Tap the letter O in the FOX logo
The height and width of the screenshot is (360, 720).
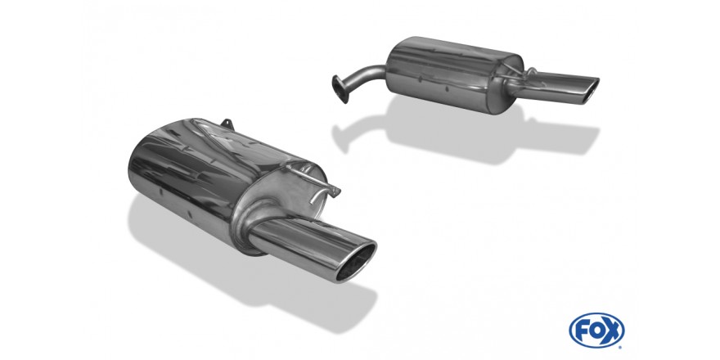tap(596, 331)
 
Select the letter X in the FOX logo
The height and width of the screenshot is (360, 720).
tap(614, 331)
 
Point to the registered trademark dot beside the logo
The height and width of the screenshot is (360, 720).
tap(621, 347)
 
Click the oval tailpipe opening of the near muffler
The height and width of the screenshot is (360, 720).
tap(357, 261)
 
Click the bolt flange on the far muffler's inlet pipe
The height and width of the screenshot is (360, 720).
tap(340, 89)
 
